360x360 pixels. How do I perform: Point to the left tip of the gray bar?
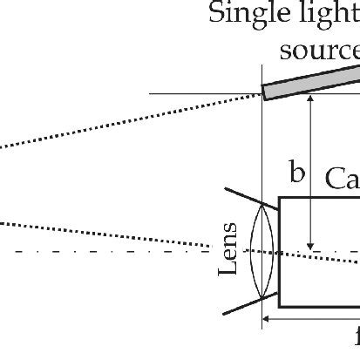tap(265, 92)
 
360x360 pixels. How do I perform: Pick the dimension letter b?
tap(297, 197)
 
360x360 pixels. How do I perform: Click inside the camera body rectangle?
tap(323, 262)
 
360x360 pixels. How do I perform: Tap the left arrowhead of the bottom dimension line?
tap(268, 319)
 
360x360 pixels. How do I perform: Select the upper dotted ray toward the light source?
tap(131, 122)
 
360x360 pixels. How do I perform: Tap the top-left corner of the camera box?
tap(280, 198)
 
